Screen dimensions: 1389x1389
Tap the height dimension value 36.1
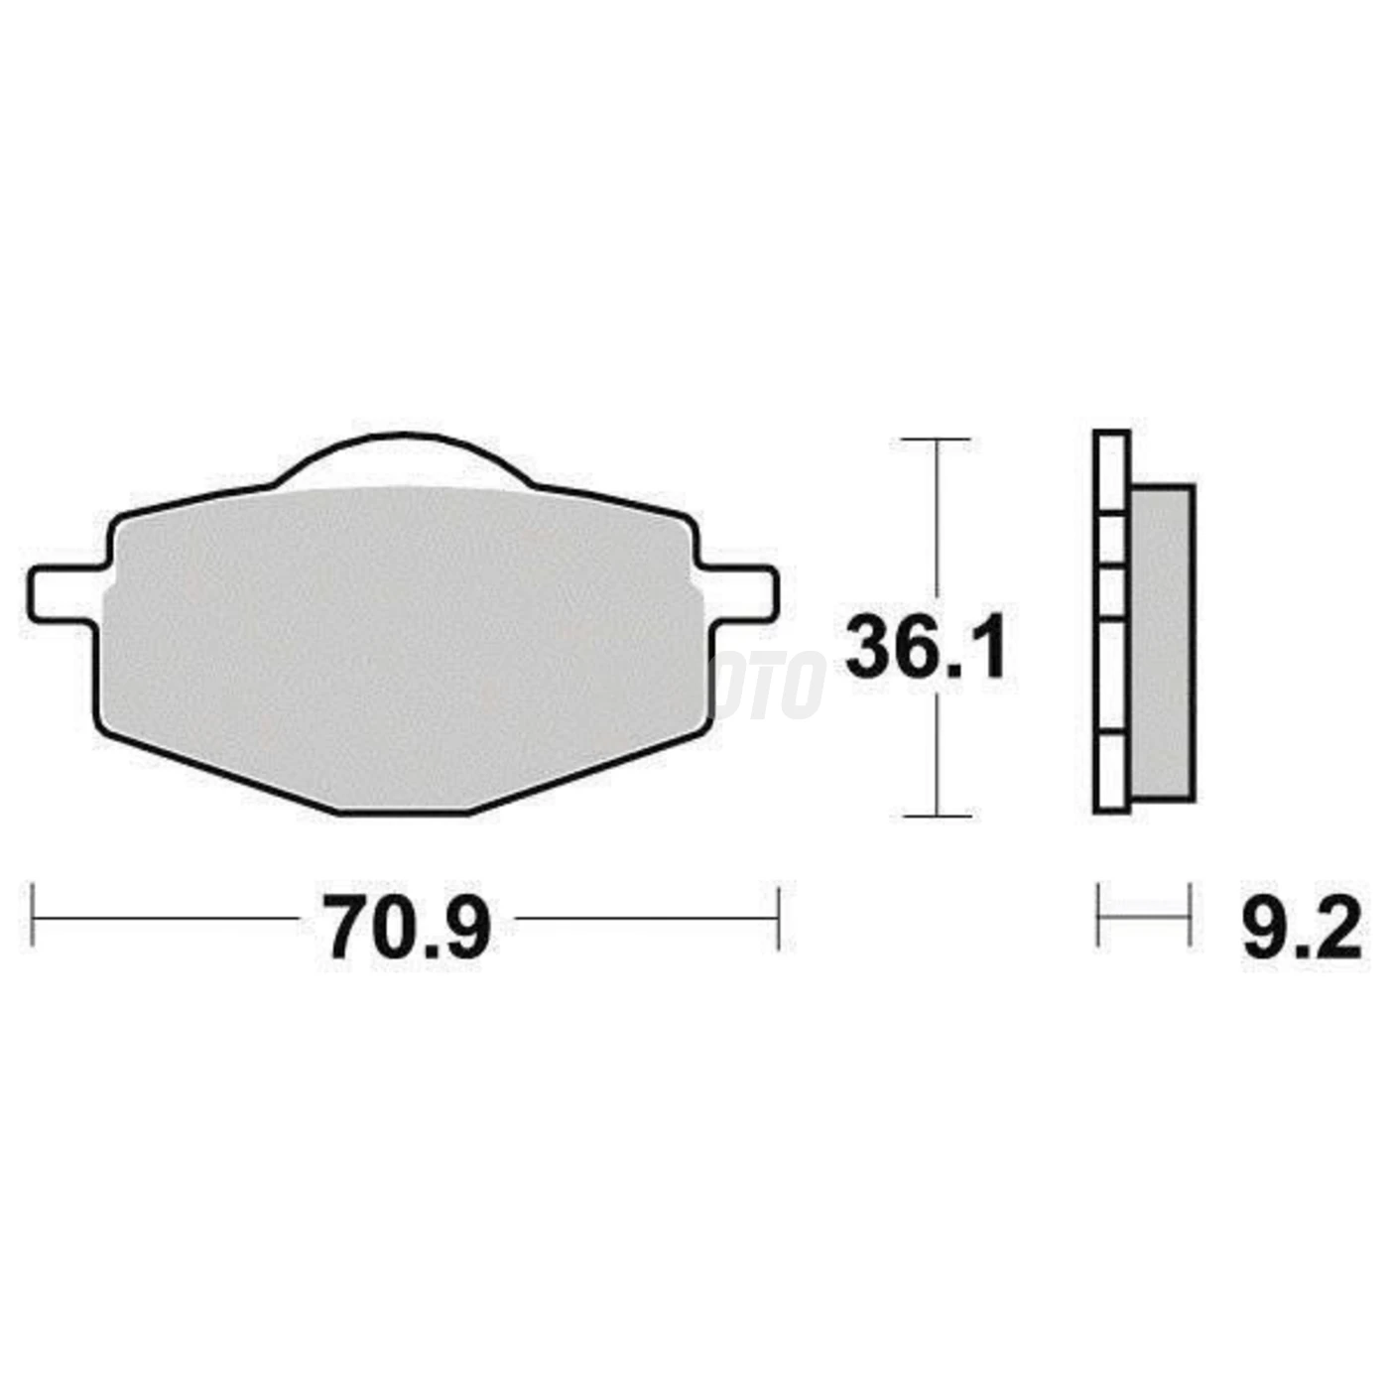925,647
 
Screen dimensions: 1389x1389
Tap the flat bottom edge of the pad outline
405,814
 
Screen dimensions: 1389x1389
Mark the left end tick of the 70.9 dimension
34,918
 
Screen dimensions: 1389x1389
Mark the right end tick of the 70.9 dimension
779,918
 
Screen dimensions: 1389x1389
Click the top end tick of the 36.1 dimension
936,439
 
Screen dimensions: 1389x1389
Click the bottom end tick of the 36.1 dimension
936,816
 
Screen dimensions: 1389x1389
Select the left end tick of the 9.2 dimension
1098,916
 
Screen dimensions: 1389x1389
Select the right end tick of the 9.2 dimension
1189,916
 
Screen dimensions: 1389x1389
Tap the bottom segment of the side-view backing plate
1111,773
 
